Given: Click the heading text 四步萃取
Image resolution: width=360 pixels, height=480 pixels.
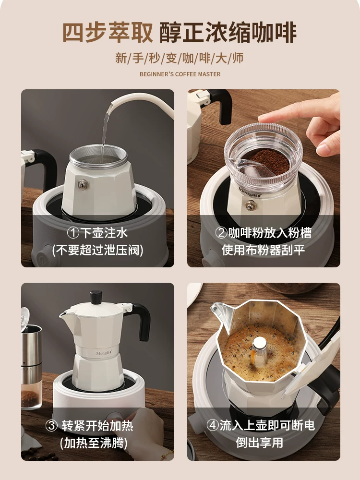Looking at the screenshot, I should click(x=108, y=32).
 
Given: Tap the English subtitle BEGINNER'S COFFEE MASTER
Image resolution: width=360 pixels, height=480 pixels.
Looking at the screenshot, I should click(x=180, y=74).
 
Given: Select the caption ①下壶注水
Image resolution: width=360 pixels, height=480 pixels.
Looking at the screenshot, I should click(x=97, y=233).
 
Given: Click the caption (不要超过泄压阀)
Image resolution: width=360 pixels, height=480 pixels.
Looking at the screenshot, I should click(x=97, y=250).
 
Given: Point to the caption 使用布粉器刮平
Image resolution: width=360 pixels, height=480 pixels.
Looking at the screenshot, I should click(x=264, y=250).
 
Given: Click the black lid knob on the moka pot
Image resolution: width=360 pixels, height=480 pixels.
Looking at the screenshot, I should click(x=96, y=296).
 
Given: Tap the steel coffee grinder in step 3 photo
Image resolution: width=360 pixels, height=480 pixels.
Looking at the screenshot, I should click(x=31, y=355).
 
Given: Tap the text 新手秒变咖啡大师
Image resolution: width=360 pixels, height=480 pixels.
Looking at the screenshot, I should click(x=180, y=59).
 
